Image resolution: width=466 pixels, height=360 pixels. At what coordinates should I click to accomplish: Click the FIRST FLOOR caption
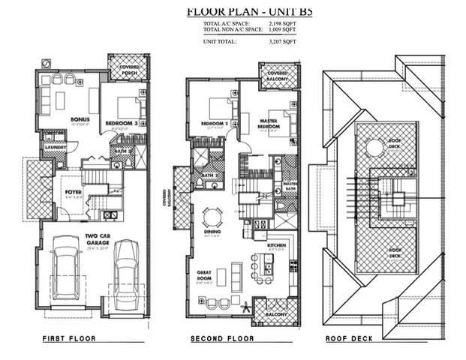tap(68, 339)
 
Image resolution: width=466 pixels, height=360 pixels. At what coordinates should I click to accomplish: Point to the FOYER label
tap(72, 191)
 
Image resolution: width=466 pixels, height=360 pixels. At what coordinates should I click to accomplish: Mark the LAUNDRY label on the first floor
tap(53, 146)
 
